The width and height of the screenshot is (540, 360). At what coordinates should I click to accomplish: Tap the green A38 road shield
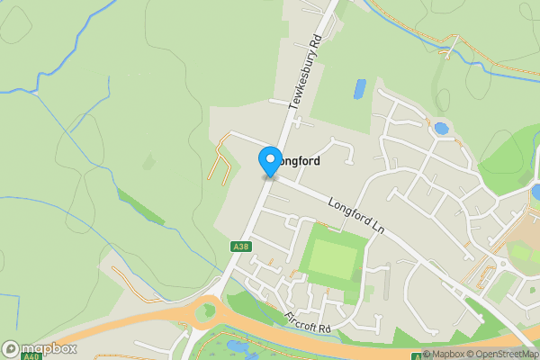240,246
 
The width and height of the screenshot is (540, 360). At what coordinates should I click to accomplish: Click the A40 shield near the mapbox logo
31,356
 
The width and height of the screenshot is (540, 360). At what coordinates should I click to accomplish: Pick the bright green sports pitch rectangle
333,256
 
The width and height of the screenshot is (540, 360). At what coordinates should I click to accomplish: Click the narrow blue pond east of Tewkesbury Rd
360,88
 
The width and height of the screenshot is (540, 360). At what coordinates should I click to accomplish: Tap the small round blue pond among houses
441,128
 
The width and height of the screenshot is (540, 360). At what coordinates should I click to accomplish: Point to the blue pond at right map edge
535,192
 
